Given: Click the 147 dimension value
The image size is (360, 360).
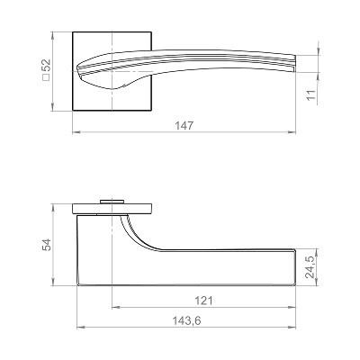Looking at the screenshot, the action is [184, 126].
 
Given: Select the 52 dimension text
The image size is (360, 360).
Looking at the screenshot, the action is [47, 66].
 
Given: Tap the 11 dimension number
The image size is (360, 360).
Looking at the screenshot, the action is [311, 94].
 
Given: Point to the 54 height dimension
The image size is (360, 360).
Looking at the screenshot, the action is [47, 245].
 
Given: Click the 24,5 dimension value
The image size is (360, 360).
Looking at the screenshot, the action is [311, 267].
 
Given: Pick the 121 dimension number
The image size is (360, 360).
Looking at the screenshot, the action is [203, 301].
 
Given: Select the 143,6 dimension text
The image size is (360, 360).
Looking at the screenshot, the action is [186, 321].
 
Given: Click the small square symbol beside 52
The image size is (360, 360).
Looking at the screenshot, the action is [46, 77].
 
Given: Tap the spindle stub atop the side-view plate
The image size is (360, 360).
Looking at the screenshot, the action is [112, 202].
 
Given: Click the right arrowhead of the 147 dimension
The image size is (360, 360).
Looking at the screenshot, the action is [292, 132].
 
